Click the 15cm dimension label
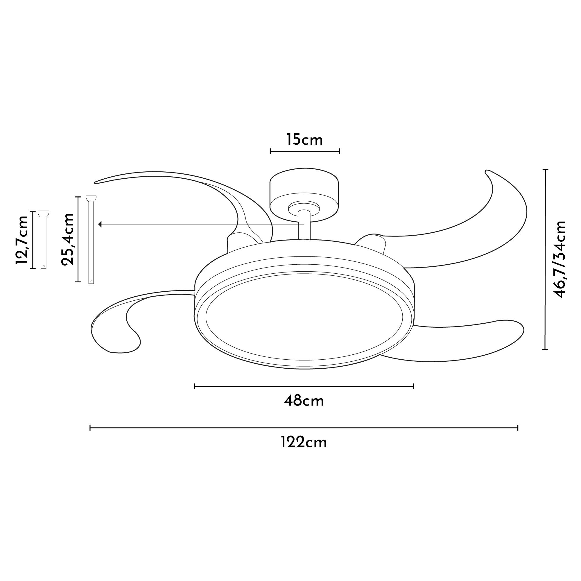click(304, 140)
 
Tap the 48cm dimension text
click(304, 401)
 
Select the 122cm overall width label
click(304, 443)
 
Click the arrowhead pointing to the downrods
click(101, 224)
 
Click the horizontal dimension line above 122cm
click(304, 428)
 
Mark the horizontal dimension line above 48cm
click(304, 386)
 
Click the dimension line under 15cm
click(304, 151)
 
